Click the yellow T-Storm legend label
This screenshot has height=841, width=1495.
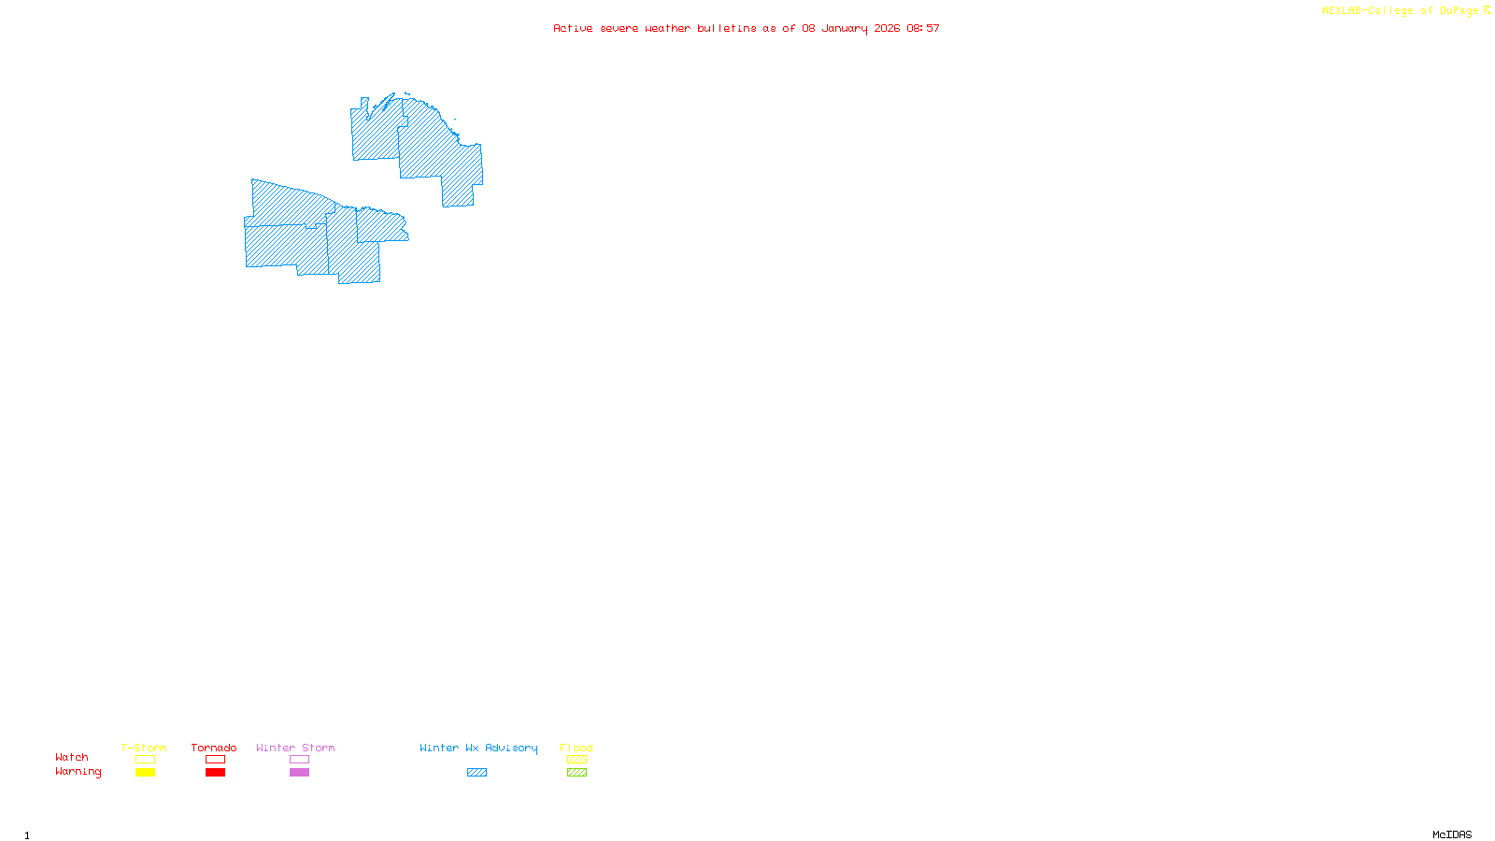point(144,748)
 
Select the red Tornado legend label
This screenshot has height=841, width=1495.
point(214,748)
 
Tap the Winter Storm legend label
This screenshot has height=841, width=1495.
point(295,748)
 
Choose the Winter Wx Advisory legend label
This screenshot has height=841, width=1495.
point(478,748)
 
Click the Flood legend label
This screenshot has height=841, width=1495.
point(577,748)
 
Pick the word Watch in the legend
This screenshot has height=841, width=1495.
point(72,757)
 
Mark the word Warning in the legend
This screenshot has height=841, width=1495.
point(78,772)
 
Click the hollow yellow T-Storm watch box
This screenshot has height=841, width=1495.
point(145,760)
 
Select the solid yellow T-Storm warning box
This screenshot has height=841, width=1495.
point(145,773)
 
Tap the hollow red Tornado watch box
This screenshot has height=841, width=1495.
point(215,760)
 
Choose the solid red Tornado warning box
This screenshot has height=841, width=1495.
point(215,773)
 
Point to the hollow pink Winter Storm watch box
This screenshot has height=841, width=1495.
point(299,760)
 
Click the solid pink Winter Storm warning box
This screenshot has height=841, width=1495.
point(299,773)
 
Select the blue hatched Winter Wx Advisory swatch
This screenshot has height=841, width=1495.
point(477,773)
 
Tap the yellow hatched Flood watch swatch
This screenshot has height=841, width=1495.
point(577,760)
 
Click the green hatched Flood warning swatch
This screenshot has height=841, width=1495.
point(577,773)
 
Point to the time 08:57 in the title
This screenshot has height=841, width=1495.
point(923,28)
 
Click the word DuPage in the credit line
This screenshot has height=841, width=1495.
point(1459,11)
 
